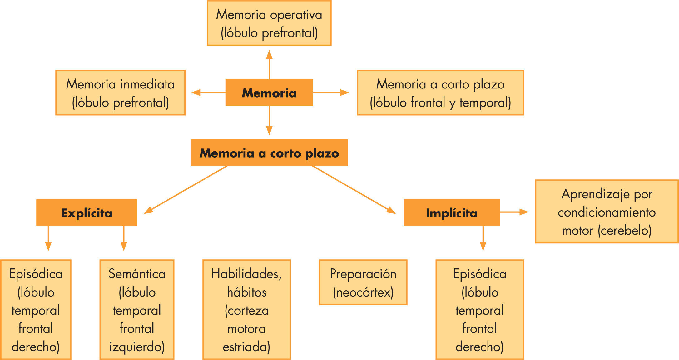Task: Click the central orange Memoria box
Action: click(269, 92)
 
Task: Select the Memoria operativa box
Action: click(269, 23)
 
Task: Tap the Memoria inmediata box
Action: click(120, 93)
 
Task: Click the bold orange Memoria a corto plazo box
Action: click(269, 152)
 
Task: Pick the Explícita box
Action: click(87, 212)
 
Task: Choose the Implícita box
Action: click(451, 212)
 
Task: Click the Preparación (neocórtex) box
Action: click(363, 282)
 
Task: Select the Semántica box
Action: click(137, 309)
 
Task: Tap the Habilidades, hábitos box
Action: click(246, 309)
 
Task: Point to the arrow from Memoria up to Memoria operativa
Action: click(269, 64)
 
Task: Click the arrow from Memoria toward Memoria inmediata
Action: click(208, 92)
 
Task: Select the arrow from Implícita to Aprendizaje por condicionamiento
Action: click(514, 212)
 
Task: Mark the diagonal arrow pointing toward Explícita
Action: click(186, 190)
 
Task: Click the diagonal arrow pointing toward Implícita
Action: click(354, 190)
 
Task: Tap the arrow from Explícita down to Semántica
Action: click(124, 238)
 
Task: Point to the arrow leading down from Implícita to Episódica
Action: click(483, 238)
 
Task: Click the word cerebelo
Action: click(624, 231)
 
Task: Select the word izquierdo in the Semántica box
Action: click(136, 347)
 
